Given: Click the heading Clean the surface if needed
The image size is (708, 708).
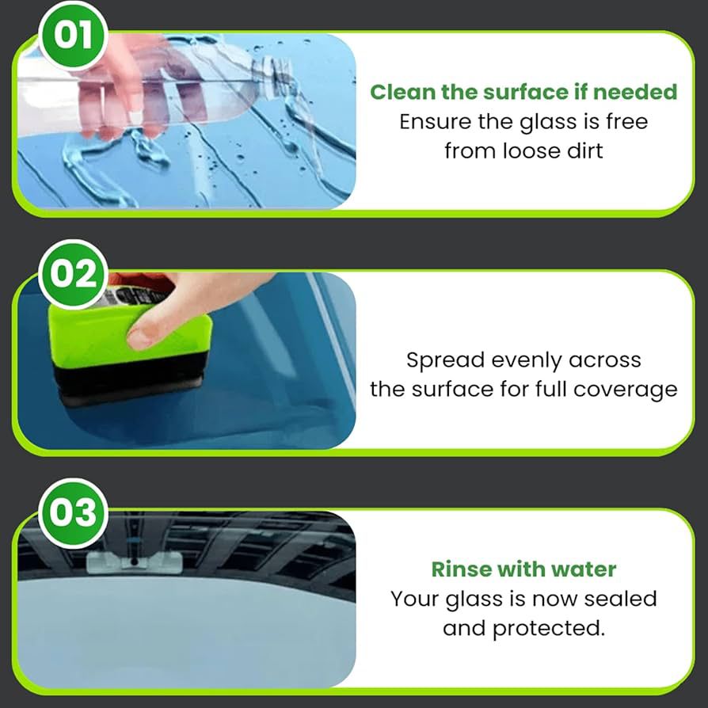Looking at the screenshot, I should [523, 92].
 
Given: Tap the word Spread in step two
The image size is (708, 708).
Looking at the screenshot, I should [444, 360].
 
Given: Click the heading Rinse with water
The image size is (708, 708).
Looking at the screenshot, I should [523, 569].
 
